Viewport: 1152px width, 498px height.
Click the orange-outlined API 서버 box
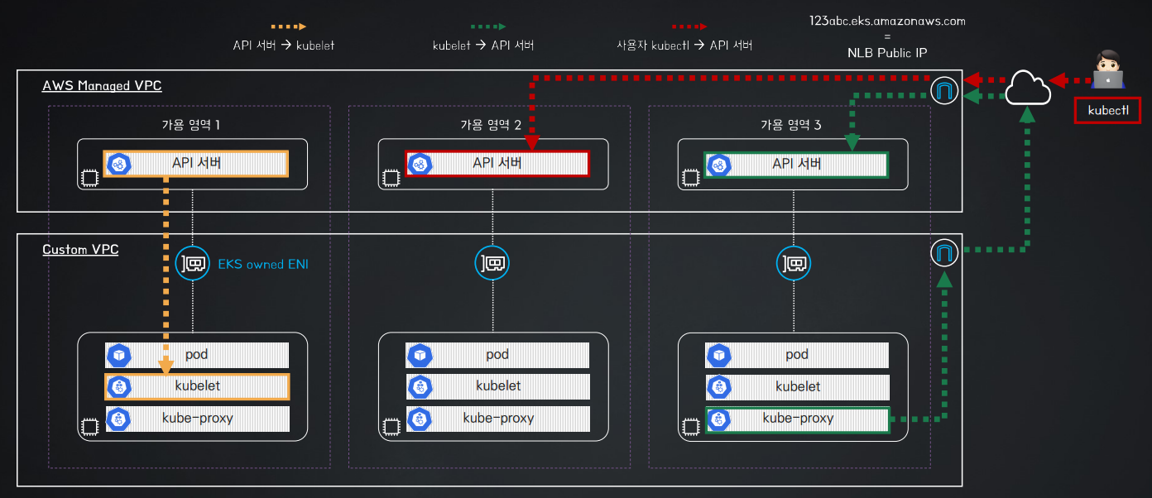(195, 164)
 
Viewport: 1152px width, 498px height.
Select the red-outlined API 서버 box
(497, 164)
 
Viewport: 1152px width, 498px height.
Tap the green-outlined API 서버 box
(796, 165)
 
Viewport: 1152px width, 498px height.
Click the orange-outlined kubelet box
(197, 386)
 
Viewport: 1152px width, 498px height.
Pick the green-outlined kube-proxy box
(798, 419)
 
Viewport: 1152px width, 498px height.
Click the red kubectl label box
(1107, 111)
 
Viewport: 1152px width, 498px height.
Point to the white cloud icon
(1028, 88)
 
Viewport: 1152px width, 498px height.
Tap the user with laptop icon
(1108, 69)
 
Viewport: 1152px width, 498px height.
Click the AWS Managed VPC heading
(102, 86)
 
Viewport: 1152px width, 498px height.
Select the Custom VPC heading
(80, 249)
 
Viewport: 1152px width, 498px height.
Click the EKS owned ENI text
(263, 264)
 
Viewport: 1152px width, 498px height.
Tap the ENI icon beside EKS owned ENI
(192, 264)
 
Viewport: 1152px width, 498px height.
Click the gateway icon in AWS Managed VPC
(944, 90)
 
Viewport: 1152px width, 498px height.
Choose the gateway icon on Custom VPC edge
(944, 253)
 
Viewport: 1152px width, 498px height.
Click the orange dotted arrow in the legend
(289, 26)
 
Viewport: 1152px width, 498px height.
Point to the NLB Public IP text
(887, 53)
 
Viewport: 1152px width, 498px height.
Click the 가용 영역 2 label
(491, 125)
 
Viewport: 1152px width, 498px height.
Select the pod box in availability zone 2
(497, 355)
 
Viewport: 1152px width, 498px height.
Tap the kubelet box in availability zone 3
(797, 387)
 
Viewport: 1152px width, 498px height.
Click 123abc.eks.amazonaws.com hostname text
(887, 21)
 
